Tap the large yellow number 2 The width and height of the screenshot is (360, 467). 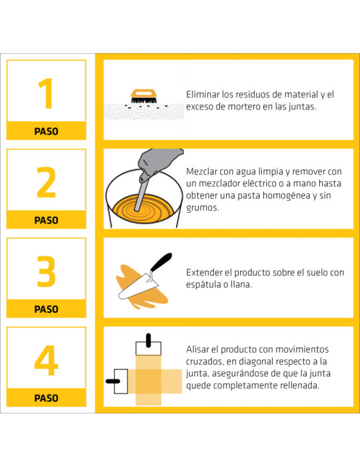(x=46, y=182)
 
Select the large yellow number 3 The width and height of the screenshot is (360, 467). (x=46, y=272)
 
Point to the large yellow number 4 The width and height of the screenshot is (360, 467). (x=46, y=360)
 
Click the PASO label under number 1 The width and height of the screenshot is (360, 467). (x=46, y=131)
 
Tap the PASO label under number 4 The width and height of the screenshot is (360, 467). (x=46, y=398)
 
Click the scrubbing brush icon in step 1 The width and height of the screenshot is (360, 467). (x=144, y=97)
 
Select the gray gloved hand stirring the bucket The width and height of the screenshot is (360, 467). (x=159, y=164)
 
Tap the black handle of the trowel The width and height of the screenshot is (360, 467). (x=161, y=262)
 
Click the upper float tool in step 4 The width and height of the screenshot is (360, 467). (x=149, y=345)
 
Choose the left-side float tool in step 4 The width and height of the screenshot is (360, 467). (x=117, y=381)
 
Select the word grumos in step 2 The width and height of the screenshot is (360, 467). (x=203, y=208)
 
